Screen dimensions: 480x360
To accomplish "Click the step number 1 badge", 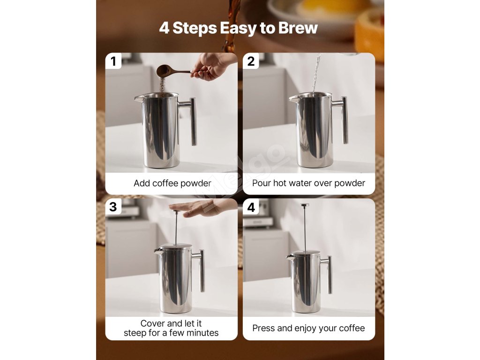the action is (x=113, y=61).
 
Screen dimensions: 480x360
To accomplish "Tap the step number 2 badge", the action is (x=251, y=61).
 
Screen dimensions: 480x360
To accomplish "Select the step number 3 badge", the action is (x=113, y=207).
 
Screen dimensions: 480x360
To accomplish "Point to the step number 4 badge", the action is (x=251, y=207).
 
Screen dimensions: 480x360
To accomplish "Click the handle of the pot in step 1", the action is (x=190, y=120).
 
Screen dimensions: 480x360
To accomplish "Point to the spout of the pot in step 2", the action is (x=293, y=98).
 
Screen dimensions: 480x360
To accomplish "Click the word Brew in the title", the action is (x=298, y=28).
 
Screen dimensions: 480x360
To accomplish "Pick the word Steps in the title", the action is (x=195, y=29).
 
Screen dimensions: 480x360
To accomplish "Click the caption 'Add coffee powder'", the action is (x=172, y=183).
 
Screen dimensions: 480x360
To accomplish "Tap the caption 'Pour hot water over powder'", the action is (x=308, y=183).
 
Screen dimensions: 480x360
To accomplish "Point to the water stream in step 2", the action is (x=315, y=74).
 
